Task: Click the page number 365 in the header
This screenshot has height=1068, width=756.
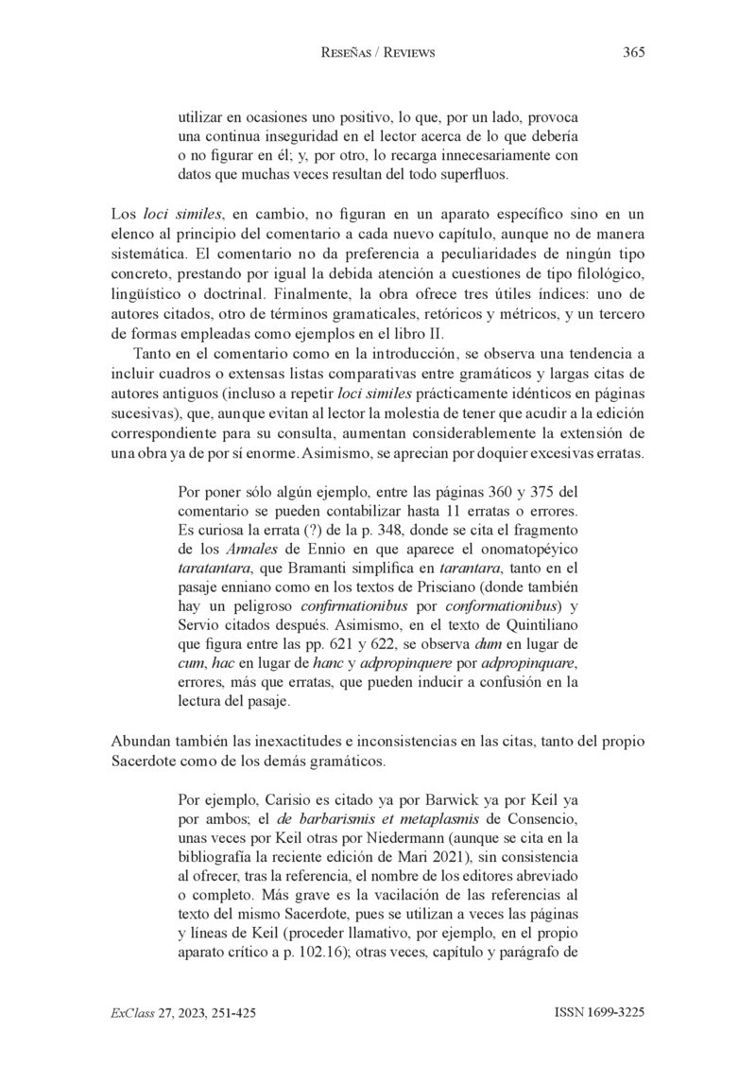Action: point(633,53)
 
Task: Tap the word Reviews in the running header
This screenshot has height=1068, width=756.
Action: point(404,53)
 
